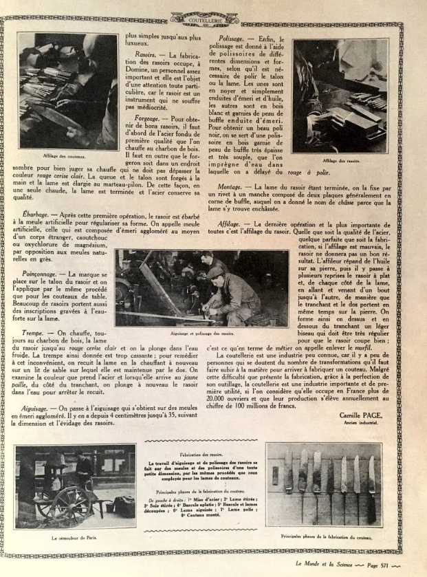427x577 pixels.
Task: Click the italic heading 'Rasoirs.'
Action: coord(146,54)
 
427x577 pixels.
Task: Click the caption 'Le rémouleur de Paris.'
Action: coord(74,538)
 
